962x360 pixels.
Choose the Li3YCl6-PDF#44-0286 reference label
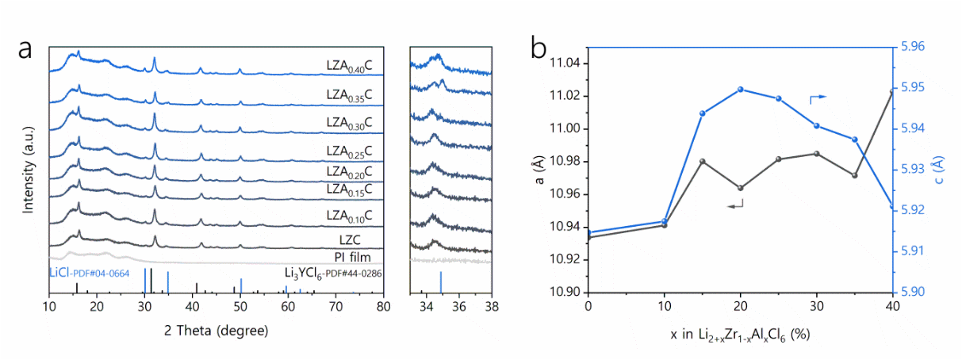pos(334,272)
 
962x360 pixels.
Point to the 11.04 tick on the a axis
pos(565,63)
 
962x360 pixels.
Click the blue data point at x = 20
pos(741,89)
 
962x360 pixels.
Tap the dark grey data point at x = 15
pos(702,161)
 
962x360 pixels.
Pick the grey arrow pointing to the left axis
pos(735,205)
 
